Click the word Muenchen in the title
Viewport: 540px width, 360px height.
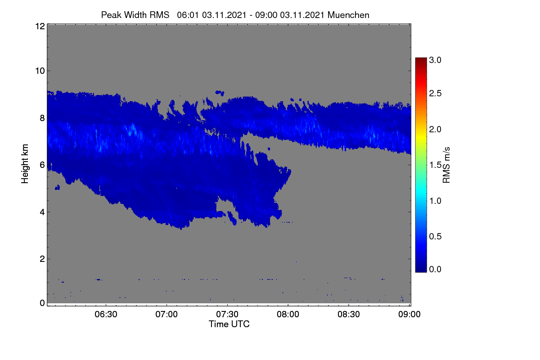point(348,15)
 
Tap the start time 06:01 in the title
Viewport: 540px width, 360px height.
point(188,15)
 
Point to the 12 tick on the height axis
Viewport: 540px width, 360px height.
point(40,26)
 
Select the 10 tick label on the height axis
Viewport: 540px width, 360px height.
point(40,71)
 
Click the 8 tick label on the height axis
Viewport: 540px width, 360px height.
point(42,118)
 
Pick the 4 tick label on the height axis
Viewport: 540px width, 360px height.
point(42,212)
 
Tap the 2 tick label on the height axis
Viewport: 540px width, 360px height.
point(42,259)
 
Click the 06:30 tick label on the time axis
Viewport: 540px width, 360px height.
point(106,314)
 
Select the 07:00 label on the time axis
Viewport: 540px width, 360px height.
point(166,314)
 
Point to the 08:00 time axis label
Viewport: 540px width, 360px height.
point(288,314)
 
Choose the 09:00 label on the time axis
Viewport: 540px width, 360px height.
point(409,314)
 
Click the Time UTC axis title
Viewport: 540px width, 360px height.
point(229,324)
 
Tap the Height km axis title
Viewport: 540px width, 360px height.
point(25,164)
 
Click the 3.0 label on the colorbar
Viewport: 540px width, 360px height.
point(435,60)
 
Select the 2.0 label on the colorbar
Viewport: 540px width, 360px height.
point(435,130)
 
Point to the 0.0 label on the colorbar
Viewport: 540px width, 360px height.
point(435,269)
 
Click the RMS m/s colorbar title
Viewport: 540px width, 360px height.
point(446,165)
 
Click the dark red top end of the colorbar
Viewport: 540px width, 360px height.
point(421,58)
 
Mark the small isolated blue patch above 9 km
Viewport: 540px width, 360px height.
point(220,93)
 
